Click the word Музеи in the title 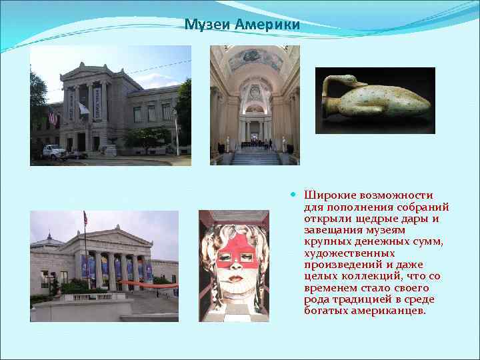click(x=205, y=25)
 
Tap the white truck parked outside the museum click(x=54, y=152)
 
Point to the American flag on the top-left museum click(x=52, y=117)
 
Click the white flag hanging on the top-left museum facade click(x=83, y=108)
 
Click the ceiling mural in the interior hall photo click(x=255, y=59)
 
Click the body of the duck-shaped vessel click(x=387, y=101)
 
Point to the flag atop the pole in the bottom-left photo click(x=85, y=218)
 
